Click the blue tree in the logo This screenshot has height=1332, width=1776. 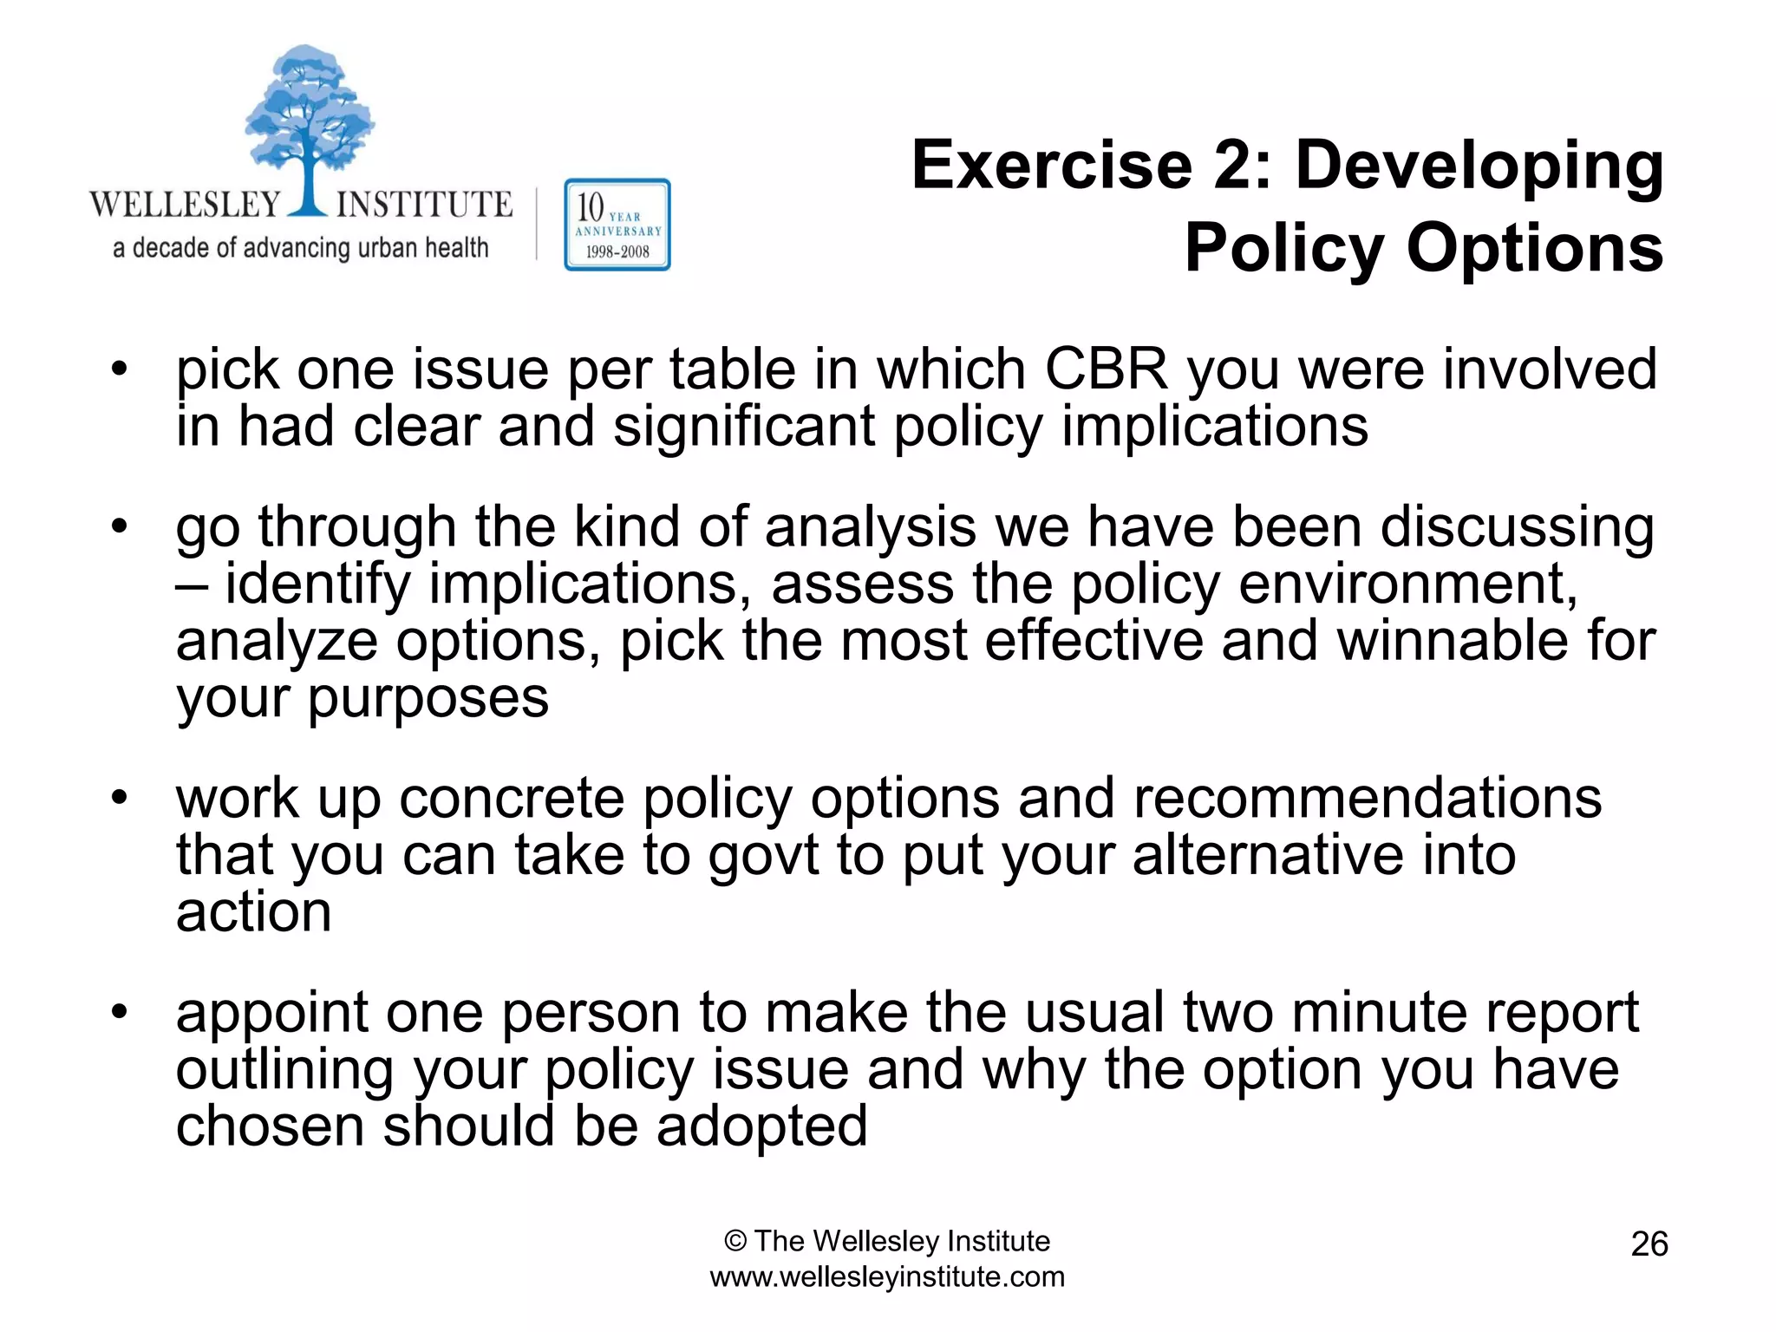(x=308, y=121)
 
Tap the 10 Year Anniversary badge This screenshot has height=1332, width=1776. (x=617, y=225)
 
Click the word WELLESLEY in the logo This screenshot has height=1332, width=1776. (x=185, y=205)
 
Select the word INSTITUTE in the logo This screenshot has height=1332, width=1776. (x=424, y=205)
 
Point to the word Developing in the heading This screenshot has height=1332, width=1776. (x=1479, y=167)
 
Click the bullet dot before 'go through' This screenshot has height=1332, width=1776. (x=119, y=526)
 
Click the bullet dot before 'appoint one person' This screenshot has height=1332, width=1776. (x=119, y=1011)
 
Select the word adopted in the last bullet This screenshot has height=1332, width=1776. (x=761, y=1126)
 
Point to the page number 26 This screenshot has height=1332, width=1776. (x=1649, y=1244)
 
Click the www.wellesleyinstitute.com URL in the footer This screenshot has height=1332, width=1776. (x=886, y=1277)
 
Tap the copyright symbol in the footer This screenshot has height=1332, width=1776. (x=735, y=1242)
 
